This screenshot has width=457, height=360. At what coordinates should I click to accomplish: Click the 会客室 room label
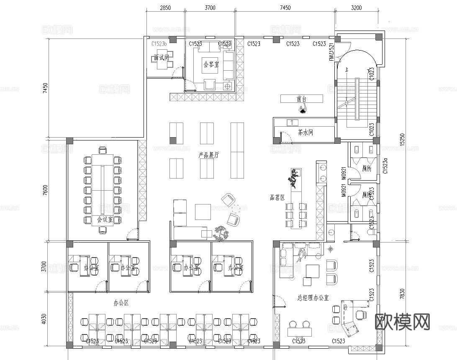[211, 65]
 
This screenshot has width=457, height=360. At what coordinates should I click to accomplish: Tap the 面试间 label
[161, 58]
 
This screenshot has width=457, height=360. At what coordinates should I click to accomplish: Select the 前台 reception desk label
[302, 99]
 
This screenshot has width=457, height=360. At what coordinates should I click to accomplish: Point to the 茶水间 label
[305, 133]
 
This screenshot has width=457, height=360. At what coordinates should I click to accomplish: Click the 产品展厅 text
[209, 155]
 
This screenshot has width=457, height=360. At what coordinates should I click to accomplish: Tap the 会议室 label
[105, 219]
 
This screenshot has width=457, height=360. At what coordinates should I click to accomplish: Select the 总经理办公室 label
[313, 298]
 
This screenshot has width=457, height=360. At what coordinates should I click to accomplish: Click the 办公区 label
[121, 302]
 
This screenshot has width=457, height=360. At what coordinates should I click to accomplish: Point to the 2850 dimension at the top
[165, 8]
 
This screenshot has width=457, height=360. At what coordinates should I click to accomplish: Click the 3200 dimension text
[356, 8]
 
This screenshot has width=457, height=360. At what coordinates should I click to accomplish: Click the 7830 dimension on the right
[403, 294]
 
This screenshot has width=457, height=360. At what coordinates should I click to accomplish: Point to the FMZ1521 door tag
[331, 52]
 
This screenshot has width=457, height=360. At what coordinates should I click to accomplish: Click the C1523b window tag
[159, 43]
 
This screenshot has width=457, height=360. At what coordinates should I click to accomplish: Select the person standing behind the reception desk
[303, 110]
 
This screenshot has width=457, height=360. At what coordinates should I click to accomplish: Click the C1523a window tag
[385, 166]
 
